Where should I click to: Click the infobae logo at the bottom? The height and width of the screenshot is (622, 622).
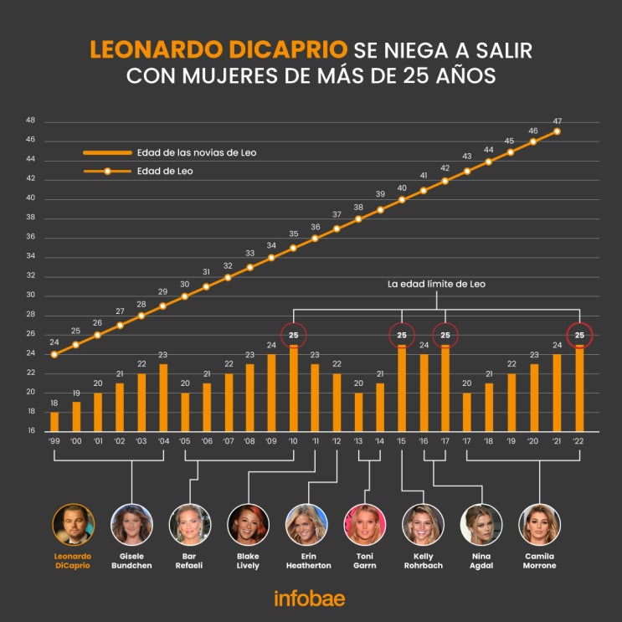pyautogui.click(x=309, y=599)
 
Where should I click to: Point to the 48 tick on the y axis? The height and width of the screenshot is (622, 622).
pyautogui.click(x=30, y=121)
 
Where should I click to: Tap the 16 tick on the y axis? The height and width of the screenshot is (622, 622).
pyautogui.click(x=30, y=431)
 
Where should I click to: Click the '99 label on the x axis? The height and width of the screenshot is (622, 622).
pyautogui.click(x=54, y=440)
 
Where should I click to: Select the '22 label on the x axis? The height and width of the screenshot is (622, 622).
pyautogui.click(x=578, y=440)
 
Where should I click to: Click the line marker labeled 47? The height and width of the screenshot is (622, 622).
pyautogui.click(x=557, y=131)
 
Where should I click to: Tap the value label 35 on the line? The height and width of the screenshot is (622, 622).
pyautogui.click(x=293, y=234)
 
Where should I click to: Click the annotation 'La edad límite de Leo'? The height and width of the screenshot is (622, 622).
pyautogui.click(x=436, y=285)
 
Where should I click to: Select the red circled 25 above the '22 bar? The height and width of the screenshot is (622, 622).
pyautogui.click(x=578, y=336)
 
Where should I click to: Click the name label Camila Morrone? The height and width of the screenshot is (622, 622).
pyautogui.click(x=540, y=560)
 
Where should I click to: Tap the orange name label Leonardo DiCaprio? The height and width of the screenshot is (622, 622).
pyautogui.click(x=74, y=560)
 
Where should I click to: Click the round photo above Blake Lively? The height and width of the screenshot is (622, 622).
pyautogui.click(x=249, y=524)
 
